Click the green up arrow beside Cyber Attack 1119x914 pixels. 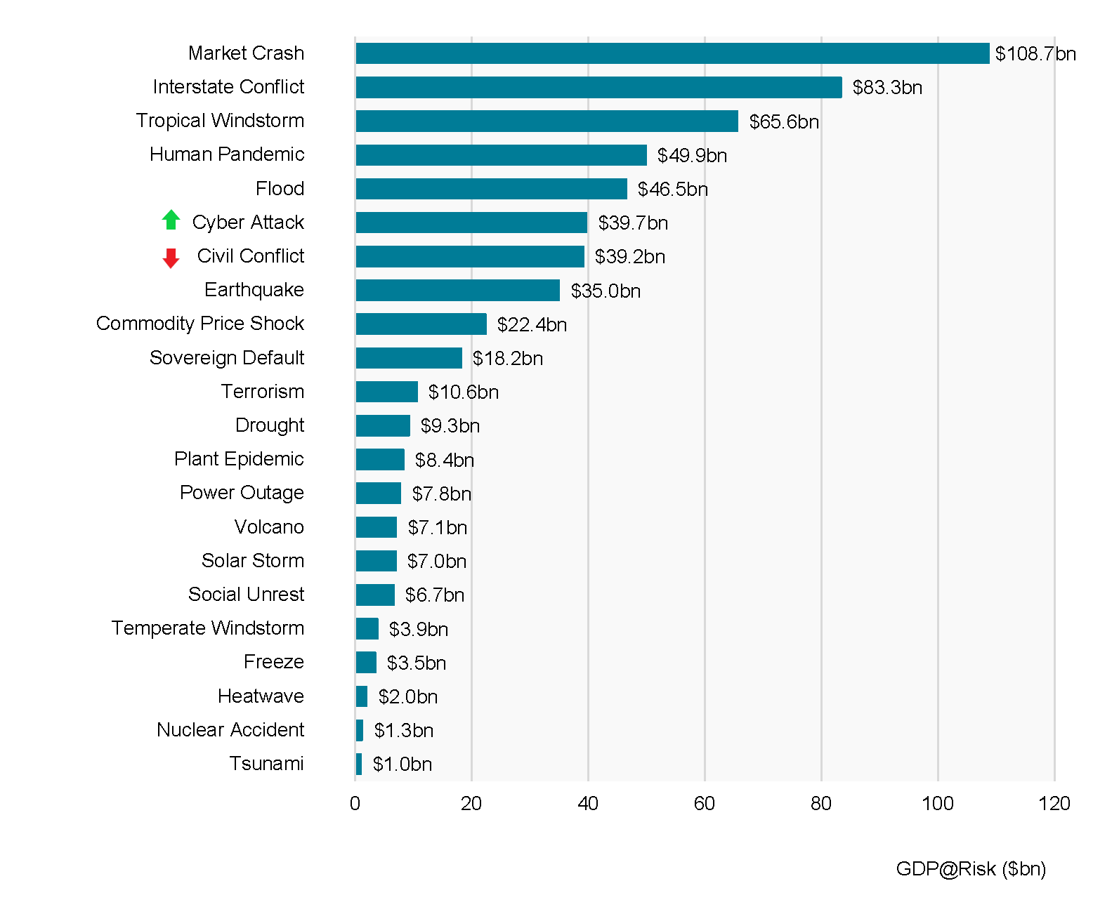171,220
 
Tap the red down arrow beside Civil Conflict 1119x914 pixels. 171,258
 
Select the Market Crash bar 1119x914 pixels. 672,53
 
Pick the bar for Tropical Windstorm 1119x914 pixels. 547,121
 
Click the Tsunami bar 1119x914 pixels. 359,764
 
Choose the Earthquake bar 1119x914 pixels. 457,290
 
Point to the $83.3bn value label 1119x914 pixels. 887,88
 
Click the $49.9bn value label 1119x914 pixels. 692,155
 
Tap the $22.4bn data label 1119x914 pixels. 532,324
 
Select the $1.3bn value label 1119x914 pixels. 403,731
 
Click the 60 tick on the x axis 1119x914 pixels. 704,804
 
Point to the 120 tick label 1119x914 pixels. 1054,804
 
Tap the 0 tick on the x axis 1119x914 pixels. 355,804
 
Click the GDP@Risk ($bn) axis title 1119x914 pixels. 971,869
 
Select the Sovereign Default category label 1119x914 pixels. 227,358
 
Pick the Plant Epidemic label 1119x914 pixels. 239,459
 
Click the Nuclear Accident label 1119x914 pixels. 230,730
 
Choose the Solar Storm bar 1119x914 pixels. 376,561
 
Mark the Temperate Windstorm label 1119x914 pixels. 207,628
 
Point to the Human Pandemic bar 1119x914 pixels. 501,155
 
